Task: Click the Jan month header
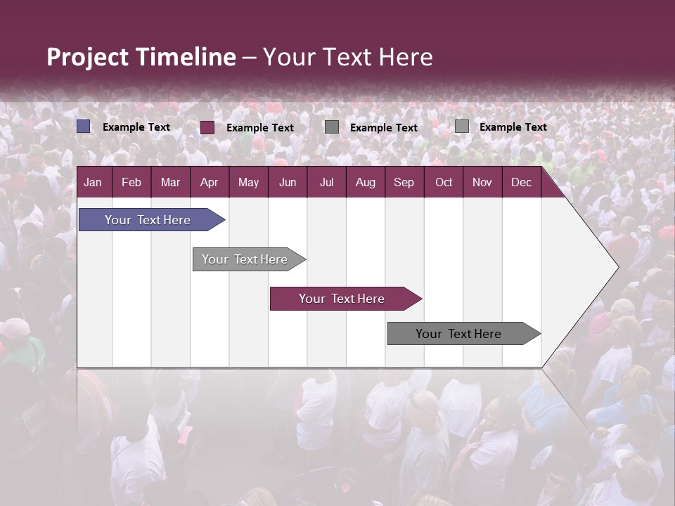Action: coord(93,183)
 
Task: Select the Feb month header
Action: coord(131,183)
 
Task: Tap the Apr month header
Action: coord(210,183)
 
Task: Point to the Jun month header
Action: coord(288,183)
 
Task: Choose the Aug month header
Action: coord(366,183)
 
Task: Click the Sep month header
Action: coord(404,183)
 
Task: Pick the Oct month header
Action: coord(444,183)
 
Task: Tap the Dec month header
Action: coord(522,183)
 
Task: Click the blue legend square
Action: coord(84,126)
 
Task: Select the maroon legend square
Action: coord(207,127)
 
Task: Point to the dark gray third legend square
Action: coord(332,127)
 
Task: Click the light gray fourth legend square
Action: coord(462,126)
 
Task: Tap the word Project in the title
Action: coord(87,57)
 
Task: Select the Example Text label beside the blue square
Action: coord(136,127)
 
